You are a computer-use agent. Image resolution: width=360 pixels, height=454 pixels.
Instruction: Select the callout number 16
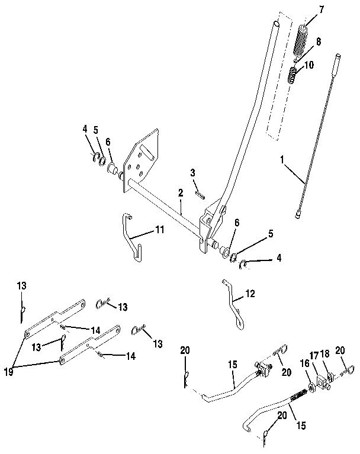305,363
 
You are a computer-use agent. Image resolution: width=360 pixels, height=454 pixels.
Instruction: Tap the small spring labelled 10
294,76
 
